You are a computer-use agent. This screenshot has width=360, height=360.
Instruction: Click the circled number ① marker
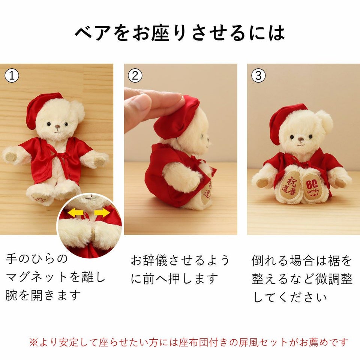pyautogui.click(x=12, y=75)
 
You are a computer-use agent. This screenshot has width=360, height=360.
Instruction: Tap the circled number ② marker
pyautogui.click(x=135, y=75)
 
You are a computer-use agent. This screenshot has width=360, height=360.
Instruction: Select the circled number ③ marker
pyautogui.click(x=258, y=75)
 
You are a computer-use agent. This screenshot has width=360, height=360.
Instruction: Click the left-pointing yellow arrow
pyautogui.click(x=76, y=213)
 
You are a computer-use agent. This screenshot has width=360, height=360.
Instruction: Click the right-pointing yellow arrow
pyautogui.click(x=102, y=212)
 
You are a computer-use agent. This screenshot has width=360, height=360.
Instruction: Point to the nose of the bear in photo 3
pyautogui.click(x=301, y=139)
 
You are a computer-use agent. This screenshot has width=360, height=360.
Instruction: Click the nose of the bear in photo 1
pyautogui.click(x=58, y=127)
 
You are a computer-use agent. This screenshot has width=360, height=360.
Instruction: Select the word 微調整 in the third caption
pyautogui.click(x=334, y=279)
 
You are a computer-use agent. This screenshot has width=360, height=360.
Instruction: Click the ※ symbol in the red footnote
pyautogui.click(x=33, y=342)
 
